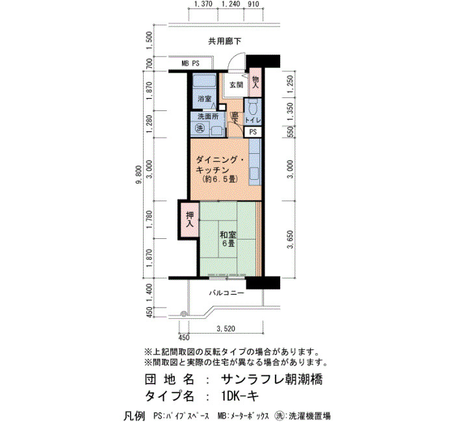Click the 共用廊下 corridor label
(x=225, y=41)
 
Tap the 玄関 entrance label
(x=236, y=85)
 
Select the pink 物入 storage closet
(x=255, y=82)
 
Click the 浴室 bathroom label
(x=204, y=99)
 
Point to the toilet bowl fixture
(x=252, y=107)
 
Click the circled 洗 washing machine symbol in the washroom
(x=200, y=128)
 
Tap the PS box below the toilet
(x=252, y=132)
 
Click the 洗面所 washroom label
(x=207, y=117)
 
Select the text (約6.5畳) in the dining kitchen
(x=220, y=179)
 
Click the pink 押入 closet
(x=189, y=219)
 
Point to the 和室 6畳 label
(x=228, y=239)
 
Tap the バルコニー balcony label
(x=227, y=293)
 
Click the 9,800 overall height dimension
(x=139, y=175)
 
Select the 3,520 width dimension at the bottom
(x=226, y=329)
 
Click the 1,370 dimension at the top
(x=203, y=4)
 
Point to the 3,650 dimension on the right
(x=290, y=240)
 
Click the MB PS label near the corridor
(x=190, y=64)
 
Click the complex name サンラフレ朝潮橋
(x=272, y=379)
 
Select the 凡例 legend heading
(x=134, y=416)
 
